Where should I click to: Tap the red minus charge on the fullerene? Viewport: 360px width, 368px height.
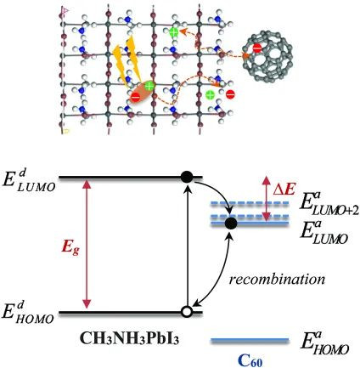[x=257, y=48]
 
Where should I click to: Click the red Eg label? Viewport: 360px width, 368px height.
[x=70, y=249]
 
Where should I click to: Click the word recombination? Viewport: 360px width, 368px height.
[x=277, y=280]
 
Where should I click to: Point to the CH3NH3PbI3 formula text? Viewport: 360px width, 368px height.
[x=129, y=338]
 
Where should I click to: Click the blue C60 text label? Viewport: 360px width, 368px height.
[x=250, y=360]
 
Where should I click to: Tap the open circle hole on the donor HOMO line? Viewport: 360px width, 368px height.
[x=187, y=312]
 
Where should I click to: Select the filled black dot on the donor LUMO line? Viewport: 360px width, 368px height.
[x=187, y=178]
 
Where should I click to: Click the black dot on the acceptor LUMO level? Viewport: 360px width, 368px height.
[x=231, y=224]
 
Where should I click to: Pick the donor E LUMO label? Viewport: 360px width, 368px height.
[x=27, y=181]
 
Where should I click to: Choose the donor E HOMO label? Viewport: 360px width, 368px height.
[x=27, y=313]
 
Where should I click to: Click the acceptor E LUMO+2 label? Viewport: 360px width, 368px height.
[x=329, y=204]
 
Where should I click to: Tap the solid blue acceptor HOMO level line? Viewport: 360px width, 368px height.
[x=250, y=339]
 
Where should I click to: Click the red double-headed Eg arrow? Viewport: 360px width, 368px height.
[x=87, y=245]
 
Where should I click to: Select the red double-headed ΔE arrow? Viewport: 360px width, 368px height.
[x=266, y=199]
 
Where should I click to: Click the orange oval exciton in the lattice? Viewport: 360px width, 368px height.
[x=143, y=92]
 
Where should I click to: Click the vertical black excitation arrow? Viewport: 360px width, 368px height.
[x=187, y=247]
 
